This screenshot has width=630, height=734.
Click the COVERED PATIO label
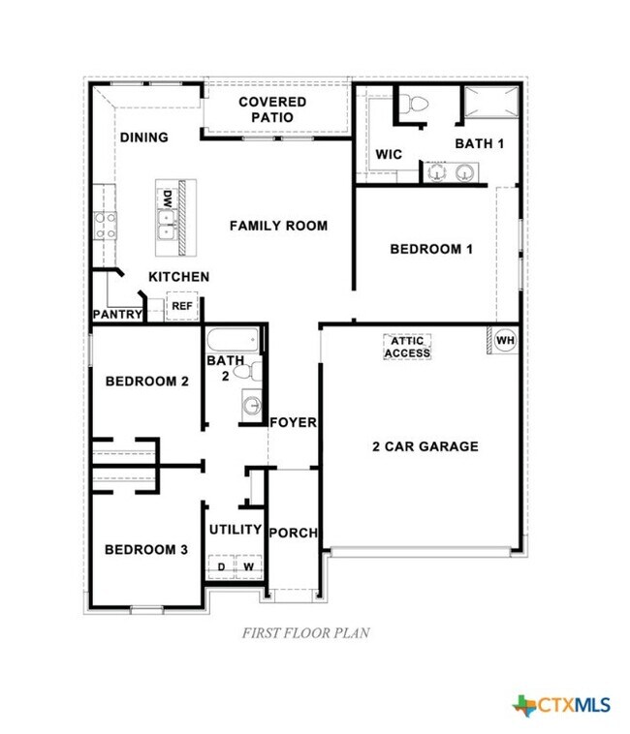[x=272, y=109]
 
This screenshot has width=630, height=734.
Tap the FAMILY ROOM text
[x=278, y=226]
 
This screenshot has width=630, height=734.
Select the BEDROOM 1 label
[x=431, y=249]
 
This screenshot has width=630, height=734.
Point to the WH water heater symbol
[x=504, y=341]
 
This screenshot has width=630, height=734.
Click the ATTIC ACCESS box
[x=407, y=347]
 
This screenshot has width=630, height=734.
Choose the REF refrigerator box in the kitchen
[x=181, y=306]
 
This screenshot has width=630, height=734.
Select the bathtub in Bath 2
[x=233, y=340]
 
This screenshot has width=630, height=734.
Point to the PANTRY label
[x=117, y=315]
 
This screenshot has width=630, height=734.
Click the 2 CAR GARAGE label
[x=425, y=446]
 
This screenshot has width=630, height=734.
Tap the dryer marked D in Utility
[x=221, y=566]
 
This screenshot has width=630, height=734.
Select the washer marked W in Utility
[x=248, y=566]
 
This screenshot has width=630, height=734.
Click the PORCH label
[x=293, y=533]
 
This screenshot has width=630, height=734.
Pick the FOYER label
[x=293, y=422]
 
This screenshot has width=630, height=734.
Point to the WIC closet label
[x=389, y=155]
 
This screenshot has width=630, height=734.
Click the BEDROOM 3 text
[x=146, y=550]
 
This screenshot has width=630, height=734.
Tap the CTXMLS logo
[x=562, y=704]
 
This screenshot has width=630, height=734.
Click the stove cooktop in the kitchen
[x=105, y=226]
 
